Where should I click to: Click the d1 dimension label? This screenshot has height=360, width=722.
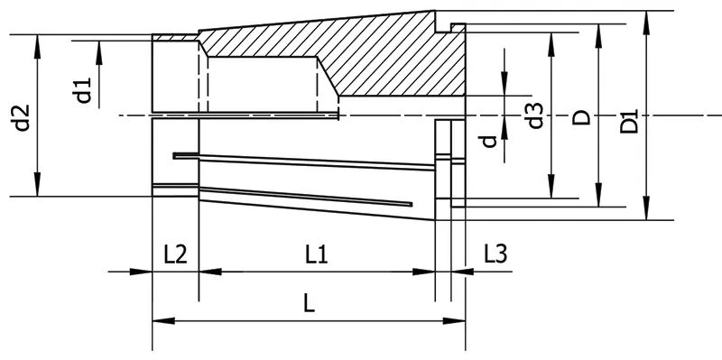83,90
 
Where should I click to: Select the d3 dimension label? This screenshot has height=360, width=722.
535,115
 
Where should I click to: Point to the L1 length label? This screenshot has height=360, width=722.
315,254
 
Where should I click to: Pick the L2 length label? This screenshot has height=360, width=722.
175,254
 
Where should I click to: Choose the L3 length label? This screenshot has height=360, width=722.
495,254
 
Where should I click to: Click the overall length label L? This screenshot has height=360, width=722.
309,304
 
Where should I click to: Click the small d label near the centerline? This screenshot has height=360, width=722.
487,142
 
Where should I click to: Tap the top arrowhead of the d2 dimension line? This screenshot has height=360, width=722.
36,42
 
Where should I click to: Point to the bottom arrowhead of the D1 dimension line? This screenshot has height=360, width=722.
647,213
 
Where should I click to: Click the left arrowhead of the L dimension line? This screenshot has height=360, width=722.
160,321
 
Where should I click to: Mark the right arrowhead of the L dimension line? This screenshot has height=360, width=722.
458,321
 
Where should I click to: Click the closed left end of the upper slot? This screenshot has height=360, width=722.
176,155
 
